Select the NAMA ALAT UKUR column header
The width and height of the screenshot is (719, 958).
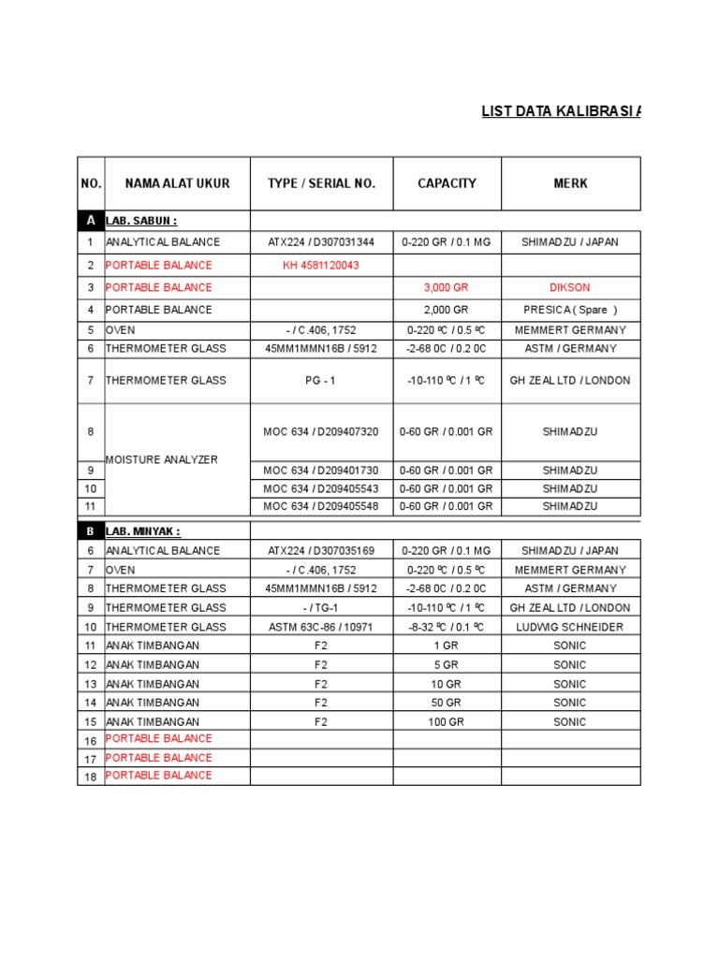tap(177, 183)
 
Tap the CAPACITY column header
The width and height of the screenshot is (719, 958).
tap(447, 183)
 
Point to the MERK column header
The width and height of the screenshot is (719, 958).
tap(570, 183)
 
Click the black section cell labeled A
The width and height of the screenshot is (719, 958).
tap(91, 221)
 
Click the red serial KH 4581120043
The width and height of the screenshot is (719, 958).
tap(321, 265)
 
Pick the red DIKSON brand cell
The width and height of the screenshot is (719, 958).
tap(570, 287)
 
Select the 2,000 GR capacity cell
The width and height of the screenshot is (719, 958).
tap(447, 310)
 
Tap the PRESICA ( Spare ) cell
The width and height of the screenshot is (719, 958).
tap(570, 310)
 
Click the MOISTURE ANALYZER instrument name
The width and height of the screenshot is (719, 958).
tap(162, 459)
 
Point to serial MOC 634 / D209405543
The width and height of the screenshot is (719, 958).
tap(321, 488)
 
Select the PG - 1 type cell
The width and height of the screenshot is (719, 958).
tap(321, 381)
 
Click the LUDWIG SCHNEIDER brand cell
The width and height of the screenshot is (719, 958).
tap(570, 627)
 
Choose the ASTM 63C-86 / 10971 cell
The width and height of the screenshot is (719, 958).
tap(321, 627)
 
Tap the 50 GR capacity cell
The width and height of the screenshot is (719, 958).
tap(447, 703)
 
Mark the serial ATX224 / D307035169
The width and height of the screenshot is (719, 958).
tap(321, 551)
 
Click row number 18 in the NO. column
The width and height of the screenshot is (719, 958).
tap(91, 776)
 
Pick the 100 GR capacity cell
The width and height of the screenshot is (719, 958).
tap(447, 721)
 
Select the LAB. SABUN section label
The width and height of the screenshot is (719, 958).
tap(141, 221)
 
